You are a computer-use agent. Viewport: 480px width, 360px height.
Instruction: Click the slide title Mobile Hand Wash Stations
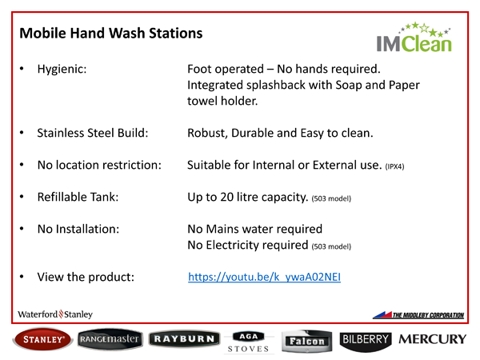tap(110, 34)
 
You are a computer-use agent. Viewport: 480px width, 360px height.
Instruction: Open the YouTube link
tap(264, 278)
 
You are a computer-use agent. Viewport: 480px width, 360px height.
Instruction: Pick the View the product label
tap(86, 278)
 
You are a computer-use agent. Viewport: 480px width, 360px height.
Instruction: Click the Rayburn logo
tap(183, 340)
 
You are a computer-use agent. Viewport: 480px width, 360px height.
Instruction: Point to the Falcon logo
tap(308, 341)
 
